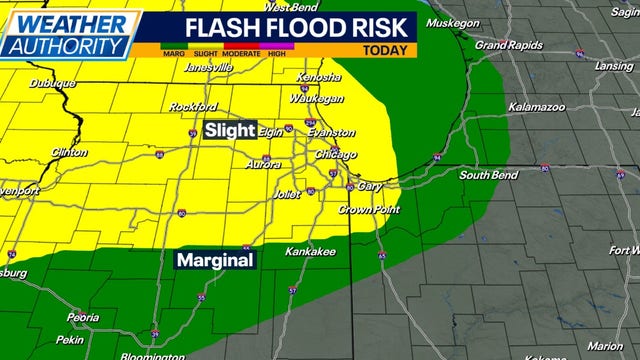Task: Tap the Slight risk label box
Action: click(x=230, y=130)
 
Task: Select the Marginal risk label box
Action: click(x=215, y=260)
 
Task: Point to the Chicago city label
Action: click(x=335, y=155)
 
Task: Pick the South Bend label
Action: click(x=487, y=175)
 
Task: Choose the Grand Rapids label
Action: click(x=507, y=45)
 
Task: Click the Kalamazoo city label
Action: click(x=537, y=106)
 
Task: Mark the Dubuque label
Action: click(x=53, y=84)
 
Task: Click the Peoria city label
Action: click(x=82, y=317)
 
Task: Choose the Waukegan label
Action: click(x=317, y=99)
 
